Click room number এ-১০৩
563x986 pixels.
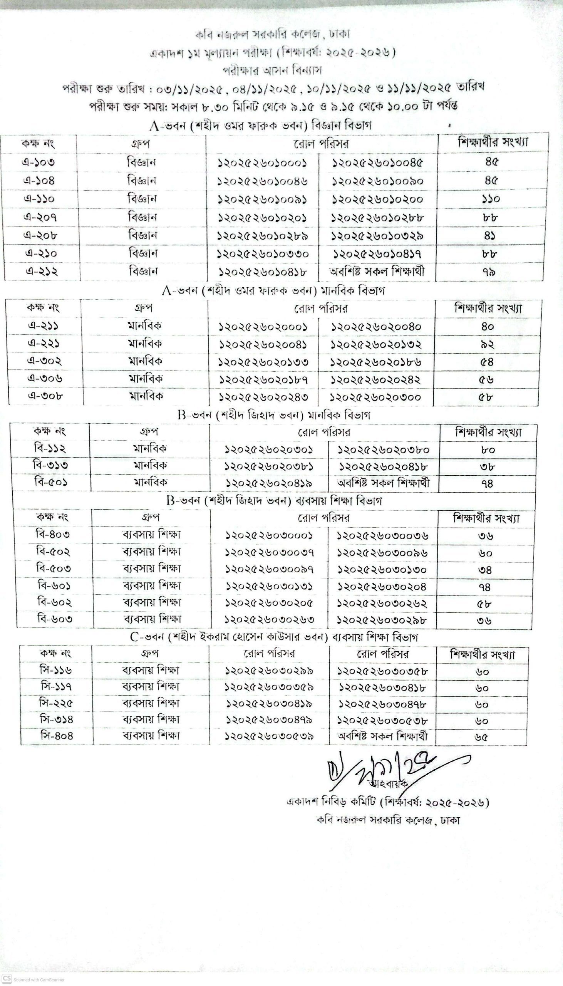38,162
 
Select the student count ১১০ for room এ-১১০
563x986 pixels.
491,199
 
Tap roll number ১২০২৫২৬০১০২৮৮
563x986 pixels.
377,217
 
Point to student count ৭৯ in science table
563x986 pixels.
489,272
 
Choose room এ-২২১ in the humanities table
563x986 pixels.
44,344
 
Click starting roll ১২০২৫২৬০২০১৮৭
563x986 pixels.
263,380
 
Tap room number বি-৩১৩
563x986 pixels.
50,465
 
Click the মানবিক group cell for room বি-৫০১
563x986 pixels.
151,482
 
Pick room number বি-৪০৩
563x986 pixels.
53,535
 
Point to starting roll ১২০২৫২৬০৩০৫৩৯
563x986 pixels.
270,736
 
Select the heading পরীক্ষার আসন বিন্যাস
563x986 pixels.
272,71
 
